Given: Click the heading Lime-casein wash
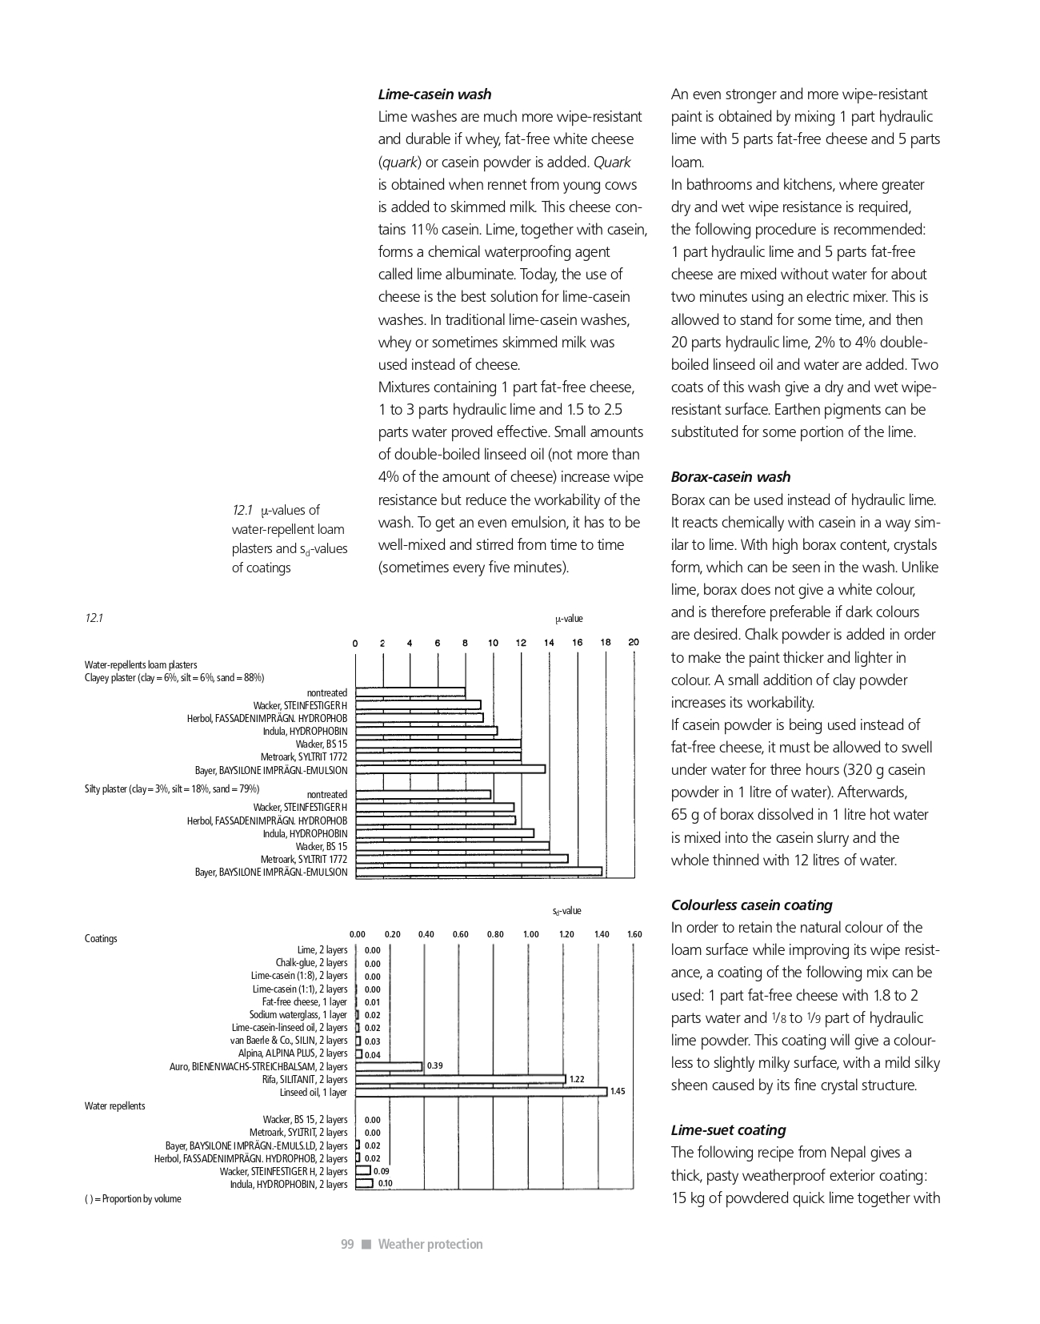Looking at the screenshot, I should pyautogui.click(x=434, y=94).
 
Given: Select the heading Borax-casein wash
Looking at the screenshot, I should pyautogui.click(x=730, y=477).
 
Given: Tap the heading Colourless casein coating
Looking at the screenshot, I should pyautogui.click(x=751, y=905).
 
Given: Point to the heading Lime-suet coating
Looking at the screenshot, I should pyautogui.click(x=728, y=1130).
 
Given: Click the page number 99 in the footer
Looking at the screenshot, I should pyautogui.click(x=347, y=1244).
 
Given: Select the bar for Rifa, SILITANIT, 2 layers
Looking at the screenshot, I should pyautogui.click(x=461, y=1079).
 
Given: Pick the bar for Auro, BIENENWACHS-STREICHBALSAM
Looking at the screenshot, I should pyautogui.click(x=389, y=1066).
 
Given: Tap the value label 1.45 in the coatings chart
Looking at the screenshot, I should pyautogui.click(x=618, y=1092).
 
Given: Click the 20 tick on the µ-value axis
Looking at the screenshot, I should pyautogui.click(x=634, y=642).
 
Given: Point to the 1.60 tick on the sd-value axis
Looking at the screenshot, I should pyautogui.click(x=634, y=934).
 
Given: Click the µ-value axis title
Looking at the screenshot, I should pyautogui.click(x=569, y=619).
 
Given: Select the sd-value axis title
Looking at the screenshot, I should pyautogui.click(x=566, y=911).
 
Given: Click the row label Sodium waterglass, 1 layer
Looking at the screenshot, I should pyautogui.click(x=298, y=1015).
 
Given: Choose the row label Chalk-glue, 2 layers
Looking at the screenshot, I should pyautogui.click(x=311, y=963).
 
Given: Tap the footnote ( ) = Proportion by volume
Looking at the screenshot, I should pyautogui.click(x=133, y=1199).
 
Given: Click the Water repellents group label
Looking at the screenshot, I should pyautogui.click(x=115, y=1106).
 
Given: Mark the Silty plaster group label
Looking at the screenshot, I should pyautogui.click(x=172, y=789).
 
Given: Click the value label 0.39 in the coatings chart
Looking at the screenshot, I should pyautogui.click(x=435, y=1066).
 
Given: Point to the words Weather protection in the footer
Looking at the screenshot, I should pyautogui.click(x=430, y=1244).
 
